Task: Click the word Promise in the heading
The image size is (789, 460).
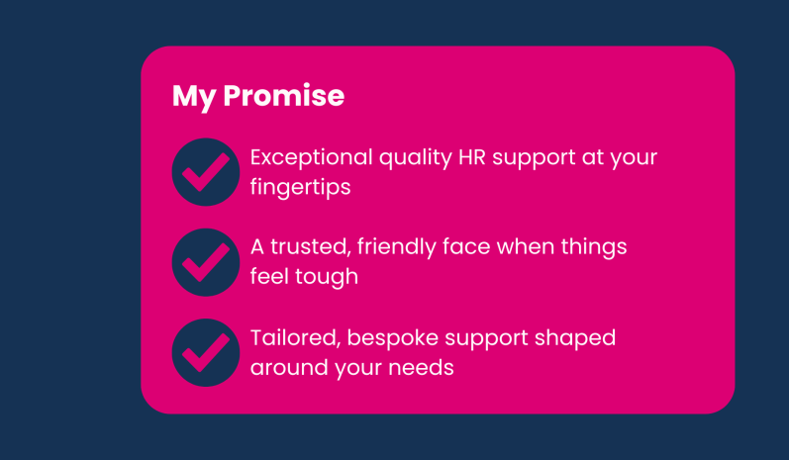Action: point(284,95)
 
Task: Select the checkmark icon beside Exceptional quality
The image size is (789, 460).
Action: point(206,172)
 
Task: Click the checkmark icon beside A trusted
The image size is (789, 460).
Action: point(206,262)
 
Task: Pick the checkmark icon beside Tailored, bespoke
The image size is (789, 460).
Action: point(206,352)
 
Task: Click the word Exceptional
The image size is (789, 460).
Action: point(311,158)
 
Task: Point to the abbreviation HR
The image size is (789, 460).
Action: point(471,157)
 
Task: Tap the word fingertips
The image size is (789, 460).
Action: point(300,188)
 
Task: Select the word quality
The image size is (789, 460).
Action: point(416,159)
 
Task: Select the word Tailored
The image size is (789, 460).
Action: point(295,338)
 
